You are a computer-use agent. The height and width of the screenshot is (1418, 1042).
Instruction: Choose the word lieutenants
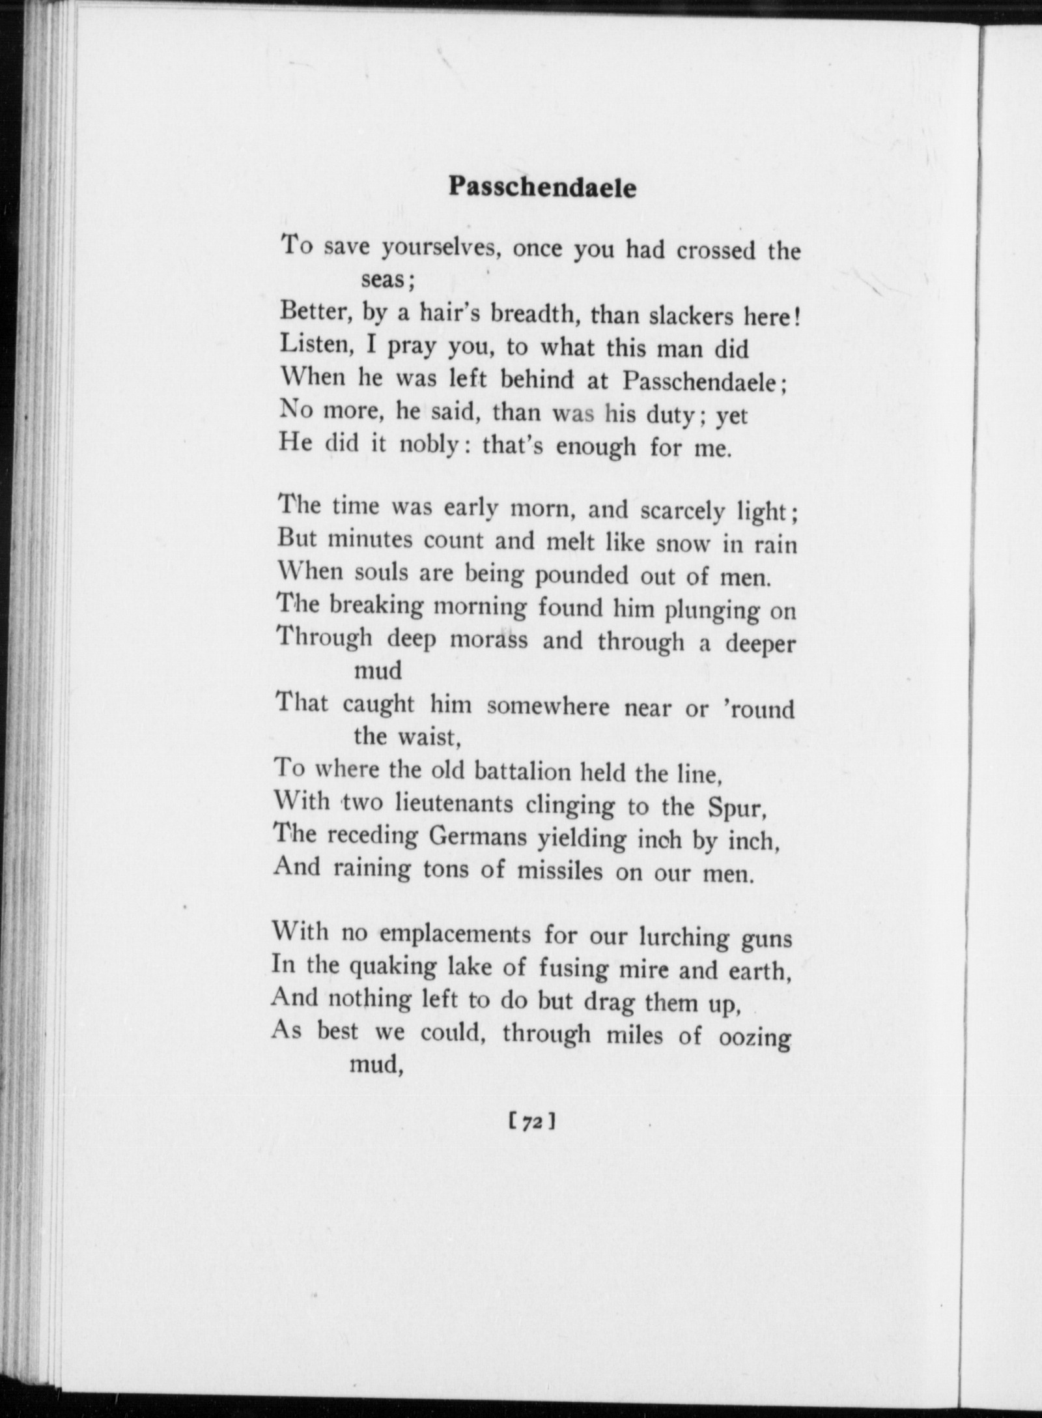(x=454, y=805)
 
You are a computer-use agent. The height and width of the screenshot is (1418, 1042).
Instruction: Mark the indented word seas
(x=384, y=280)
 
